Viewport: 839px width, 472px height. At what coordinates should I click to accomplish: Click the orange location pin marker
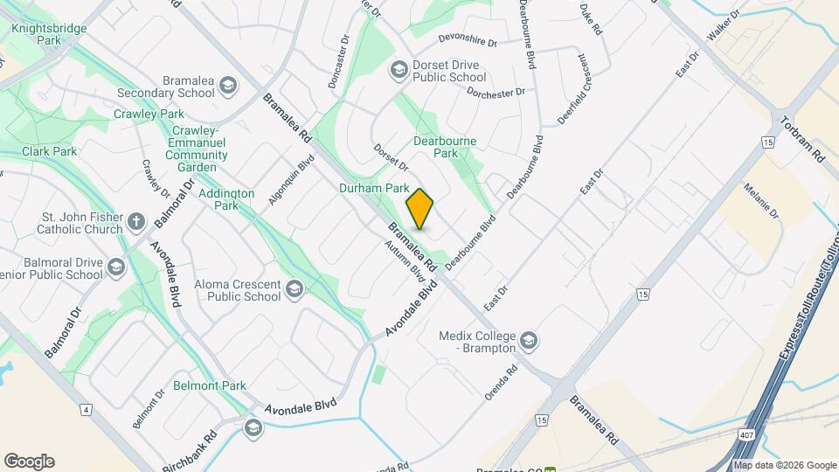(x=420, y=209)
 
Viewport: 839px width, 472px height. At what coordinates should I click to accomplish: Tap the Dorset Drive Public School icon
(x=399, y=69)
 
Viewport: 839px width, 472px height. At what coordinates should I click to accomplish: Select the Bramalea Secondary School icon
(x=228, y=85)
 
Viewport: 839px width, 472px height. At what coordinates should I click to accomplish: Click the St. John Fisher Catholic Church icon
(x=135, y=221)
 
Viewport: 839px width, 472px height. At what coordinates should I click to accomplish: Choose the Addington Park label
(x=225, y=199)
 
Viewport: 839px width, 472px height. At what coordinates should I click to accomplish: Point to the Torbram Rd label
(x=803, y=140)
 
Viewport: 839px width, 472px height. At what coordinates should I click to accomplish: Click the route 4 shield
(x=85, y=409)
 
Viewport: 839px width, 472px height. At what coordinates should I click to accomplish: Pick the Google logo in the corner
(x=29, y=461)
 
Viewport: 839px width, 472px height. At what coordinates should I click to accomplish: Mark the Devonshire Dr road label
(x=468, y=43)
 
